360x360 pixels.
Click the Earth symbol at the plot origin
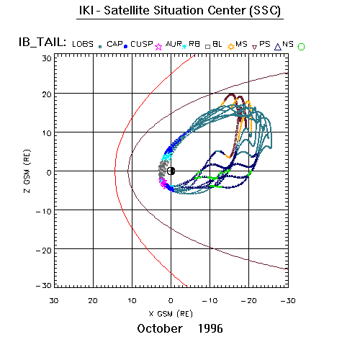pyautogui.click(x=171, y=171)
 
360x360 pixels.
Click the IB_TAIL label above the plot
pyautogui.click(x=42, y=42)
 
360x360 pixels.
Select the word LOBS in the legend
pyautogui.click(x=83, y=44)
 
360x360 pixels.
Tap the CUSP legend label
pyautogui.click(x=142, y=44)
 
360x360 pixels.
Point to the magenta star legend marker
pyautogui.click(x=158, y=47)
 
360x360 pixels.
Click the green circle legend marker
pyautogui.click(x=301, y=47)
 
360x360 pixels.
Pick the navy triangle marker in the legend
pyautogui.click(x=278, y=47)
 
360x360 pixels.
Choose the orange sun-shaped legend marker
pyautogui.click(x=231, y=47)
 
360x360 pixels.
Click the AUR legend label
pyautogui.click(x=174, y=44)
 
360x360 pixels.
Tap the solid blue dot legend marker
pyautogui.click(x=125, y=47)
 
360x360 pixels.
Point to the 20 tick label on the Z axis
pyautogui.click(x=47, y=94)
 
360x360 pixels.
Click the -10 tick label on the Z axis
pyautogui.click(x=44, y=212)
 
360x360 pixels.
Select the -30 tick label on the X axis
pyautogui.click(x=288, y=301)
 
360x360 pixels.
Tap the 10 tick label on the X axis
pyautogui.click(x=132, y=301)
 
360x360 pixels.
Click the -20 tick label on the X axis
pyautogui.click(x=249, y=301)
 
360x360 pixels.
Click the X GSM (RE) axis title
pyautogui.click(x=171, y=314)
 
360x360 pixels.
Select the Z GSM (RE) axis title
pyautogui.click(x=27, y=171)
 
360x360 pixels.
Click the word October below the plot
pyautogui.click(x=160, y=328)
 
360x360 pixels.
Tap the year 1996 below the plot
pyautogui.click(x=210, y=328)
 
